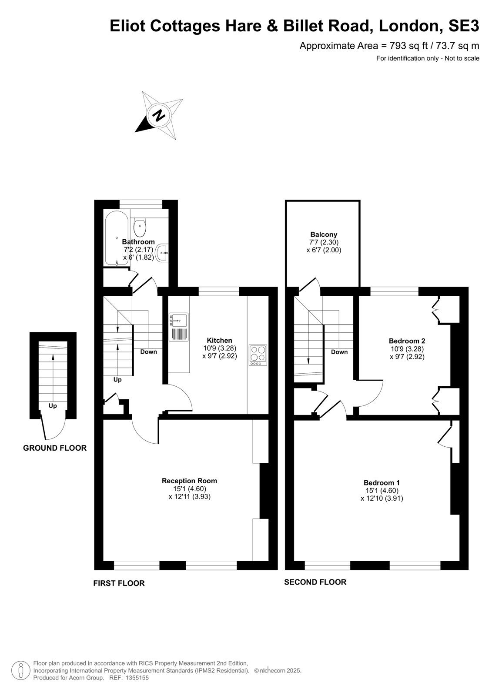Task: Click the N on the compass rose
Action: [x=160, y=116]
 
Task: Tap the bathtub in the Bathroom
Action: [x=117, y=238]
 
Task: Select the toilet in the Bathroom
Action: [x=140, y=227]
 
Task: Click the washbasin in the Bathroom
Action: [x=163, y=253]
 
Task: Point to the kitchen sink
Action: [x=179, y=327]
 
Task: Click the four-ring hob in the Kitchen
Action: [x=258, y=355]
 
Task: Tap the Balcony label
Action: [x=324, y=234]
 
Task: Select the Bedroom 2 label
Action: [x=407, y=341]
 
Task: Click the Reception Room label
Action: [x=189, y=481]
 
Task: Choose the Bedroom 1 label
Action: [x=382, y=482]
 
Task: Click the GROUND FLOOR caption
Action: [x=55, y=448]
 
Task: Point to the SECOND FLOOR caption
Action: [x=315, y=582]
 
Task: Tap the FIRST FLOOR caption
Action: [x=119, y=583]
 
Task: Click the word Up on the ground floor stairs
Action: [x=53, y=406]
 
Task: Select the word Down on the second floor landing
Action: [x=339, y=352]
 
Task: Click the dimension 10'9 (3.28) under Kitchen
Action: [x=220, y=348]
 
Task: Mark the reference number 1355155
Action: [x=137, y=686]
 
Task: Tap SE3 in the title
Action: [x=463, y=26]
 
